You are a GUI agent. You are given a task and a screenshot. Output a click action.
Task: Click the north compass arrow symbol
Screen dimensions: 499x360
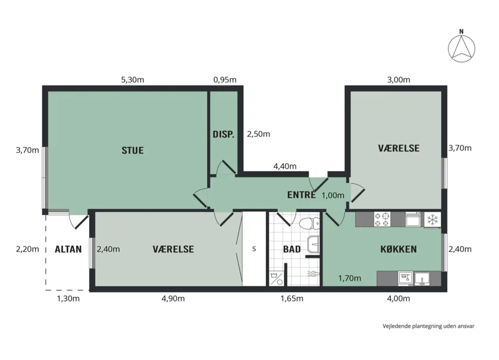point(461,49)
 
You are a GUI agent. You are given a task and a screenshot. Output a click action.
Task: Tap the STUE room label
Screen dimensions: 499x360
point(132,150)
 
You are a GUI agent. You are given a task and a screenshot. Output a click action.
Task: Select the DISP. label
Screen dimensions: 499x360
point(223,134)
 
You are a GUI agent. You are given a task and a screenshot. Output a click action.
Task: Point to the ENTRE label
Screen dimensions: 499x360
point(301,194)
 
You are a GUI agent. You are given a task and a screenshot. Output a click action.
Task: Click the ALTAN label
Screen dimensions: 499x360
point(68,249)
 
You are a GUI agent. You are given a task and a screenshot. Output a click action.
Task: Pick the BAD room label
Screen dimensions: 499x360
point(292,249)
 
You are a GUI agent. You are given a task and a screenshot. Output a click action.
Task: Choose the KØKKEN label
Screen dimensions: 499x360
point(399,249)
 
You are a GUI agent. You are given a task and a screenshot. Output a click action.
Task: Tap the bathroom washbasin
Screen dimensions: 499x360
point(313,245)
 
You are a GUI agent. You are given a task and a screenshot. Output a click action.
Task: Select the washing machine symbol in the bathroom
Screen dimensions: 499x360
point(276,278)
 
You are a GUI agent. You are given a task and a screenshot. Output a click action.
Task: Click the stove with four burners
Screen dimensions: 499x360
point(382,219)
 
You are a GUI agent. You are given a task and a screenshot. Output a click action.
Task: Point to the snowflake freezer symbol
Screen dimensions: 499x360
point(433,220)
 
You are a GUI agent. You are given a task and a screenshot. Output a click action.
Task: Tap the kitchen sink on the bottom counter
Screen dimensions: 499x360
point(421,279)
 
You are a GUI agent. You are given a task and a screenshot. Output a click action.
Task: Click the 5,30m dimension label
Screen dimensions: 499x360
point(132,80)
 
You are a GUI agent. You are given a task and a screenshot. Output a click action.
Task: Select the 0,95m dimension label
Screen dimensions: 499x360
point(225,80)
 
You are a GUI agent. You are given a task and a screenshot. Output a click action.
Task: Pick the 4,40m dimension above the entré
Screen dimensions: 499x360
point(285,166)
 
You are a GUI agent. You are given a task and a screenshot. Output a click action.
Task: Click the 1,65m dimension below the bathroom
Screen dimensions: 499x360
point(292,298)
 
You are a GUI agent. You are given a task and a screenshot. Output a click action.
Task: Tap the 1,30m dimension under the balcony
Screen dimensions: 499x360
point(68,298)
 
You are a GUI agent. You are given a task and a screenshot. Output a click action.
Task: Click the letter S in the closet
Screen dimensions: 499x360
point(254,249)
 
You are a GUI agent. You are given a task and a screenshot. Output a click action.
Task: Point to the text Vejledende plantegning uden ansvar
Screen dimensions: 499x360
point(429,326)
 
